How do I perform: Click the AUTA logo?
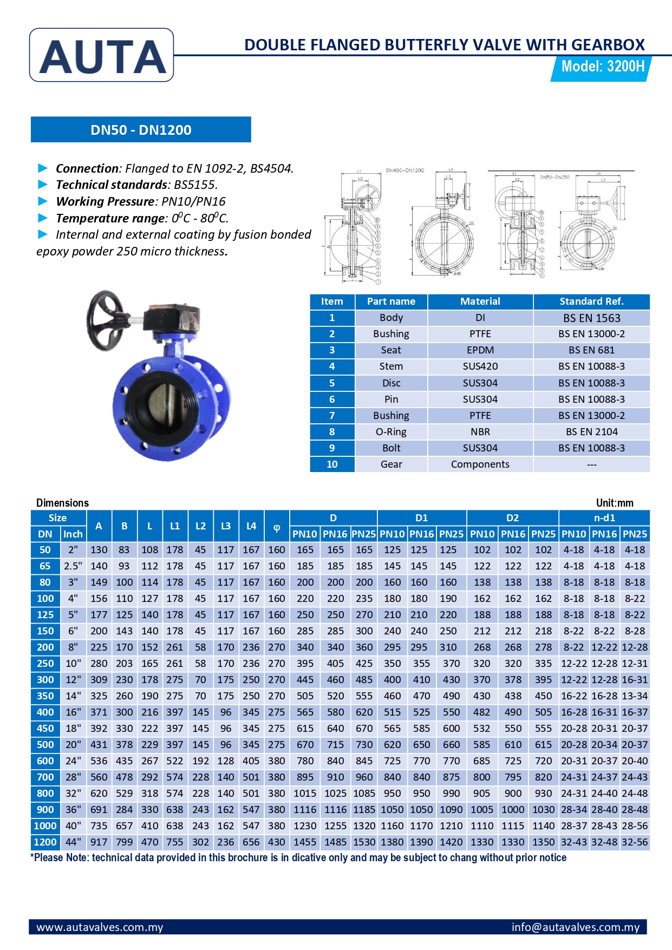tap(102, 56)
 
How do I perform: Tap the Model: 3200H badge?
tap(602, 67)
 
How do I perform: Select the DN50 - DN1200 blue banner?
tap(141, 130)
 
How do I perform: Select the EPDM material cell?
tap(480, 350)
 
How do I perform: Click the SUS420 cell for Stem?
tap(480, 366)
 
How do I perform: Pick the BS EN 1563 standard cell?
tap(591, 318)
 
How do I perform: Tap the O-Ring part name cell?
tap(391, 432)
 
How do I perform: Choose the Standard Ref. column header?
tap(591, 302)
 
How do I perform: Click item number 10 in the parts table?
tap(332, 464)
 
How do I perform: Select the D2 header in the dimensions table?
tap(512, 518)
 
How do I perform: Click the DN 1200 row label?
tap(45, 842)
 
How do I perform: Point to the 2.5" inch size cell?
tap(73, 566)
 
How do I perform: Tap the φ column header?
tap(276, 526)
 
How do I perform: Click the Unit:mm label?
tap(614, 503)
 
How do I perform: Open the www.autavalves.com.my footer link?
tap(100, 927)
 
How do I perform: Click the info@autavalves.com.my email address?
tap(575, 927)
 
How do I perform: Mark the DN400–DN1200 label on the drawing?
tap(404, 171)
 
